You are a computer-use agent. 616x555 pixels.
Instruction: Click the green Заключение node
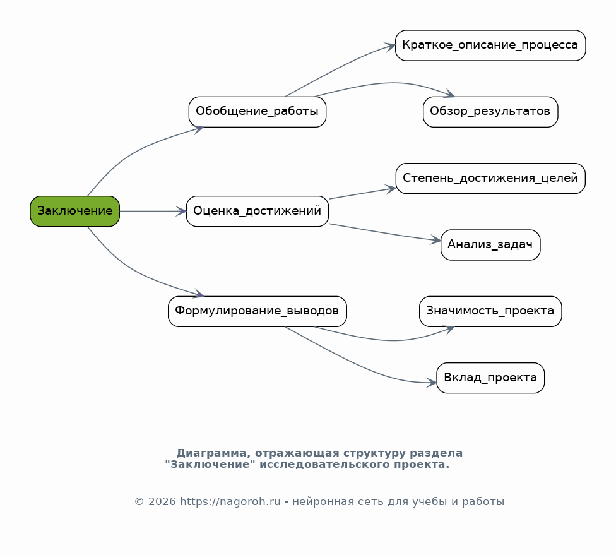[x=74, y=211]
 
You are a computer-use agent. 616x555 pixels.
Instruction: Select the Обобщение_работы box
[x=258, y=112]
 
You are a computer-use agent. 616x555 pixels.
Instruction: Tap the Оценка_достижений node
[x=258, y=211]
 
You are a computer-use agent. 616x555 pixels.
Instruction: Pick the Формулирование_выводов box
[x=258, y=311]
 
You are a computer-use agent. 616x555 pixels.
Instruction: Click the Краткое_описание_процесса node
[x=490, y=45]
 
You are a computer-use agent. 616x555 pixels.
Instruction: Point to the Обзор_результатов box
[x=490, y=112]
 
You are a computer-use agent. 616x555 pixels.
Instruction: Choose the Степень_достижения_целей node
[x=490, y=178]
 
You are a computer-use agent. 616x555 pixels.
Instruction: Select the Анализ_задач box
[x=490, y=244]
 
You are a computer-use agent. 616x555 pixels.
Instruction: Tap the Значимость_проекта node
[x=490, y=311]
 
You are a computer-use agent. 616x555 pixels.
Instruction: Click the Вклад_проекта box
[x=490, y=378]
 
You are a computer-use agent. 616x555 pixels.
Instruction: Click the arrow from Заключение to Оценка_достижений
[x=153, y=212]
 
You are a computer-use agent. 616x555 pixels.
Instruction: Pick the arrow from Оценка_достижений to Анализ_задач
[x=384, y=233]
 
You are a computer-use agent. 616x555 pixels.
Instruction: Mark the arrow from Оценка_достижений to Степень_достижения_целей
[x=362, y=194]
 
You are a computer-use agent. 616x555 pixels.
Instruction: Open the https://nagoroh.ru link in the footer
[x=230, y=502]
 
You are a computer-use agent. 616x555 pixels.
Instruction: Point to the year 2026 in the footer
[x=162, y=502]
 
